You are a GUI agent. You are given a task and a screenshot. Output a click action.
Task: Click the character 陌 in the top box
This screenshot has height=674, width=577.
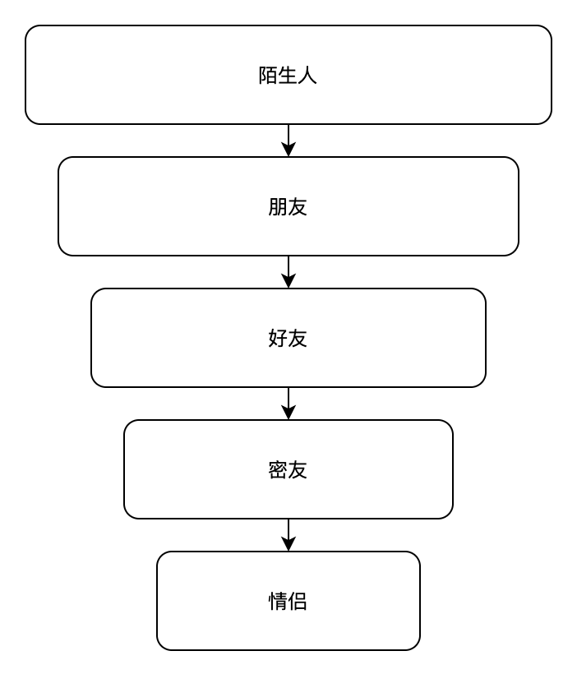(268, 76)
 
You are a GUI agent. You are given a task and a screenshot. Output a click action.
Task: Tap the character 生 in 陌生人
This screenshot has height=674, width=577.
(288, 76)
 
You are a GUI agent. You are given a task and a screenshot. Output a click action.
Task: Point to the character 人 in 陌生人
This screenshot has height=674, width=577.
(307, 76)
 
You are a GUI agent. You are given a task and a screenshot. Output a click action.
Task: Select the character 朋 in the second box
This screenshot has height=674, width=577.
(278, 207)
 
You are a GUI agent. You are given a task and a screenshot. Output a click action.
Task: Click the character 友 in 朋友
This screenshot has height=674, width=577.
(298, 207)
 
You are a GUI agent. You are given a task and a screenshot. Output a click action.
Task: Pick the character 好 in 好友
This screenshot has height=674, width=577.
(278, 339)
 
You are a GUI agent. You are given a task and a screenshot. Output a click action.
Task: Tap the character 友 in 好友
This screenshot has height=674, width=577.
(298, 339)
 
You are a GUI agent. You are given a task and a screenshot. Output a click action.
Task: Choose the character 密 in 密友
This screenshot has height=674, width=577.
(278, 470)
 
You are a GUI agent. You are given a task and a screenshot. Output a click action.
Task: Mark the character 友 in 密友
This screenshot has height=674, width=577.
(298, 470)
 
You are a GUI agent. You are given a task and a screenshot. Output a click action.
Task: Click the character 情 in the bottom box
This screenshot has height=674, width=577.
(278, 602)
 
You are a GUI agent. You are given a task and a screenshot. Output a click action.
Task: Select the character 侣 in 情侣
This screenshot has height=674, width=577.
(298, 602)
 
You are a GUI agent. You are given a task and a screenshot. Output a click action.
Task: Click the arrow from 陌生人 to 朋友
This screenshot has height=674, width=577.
(288, 141)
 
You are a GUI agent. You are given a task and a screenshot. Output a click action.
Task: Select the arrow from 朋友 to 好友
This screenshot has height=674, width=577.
(288, 272)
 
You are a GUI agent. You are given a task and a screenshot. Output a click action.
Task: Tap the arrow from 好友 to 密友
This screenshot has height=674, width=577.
(288, 404)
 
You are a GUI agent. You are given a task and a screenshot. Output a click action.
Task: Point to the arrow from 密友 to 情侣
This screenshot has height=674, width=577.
(288, 535)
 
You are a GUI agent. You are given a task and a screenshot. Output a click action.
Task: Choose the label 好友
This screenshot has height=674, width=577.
(288, 339)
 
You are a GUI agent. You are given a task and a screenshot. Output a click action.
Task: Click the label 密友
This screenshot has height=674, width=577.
(288, 470)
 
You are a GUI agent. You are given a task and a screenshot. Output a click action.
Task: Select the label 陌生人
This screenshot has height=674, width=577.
(288, 76)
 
